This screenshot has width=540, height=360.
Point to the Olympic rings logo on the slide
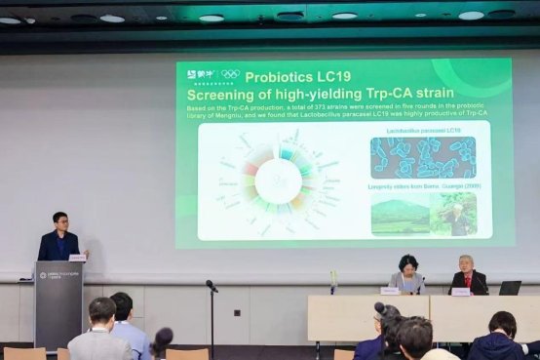pos(230,74)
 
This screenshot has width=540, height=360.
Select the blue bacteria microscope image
pos(422,156)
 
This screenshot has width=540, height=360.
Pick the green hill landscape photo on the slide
pos(400,215)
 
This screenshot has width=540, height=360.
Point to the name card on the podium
pos(77,259)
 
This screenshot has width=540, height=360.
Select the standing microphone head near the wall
pos(211,285)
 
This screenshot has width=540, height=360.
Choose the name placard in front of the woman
pos(390,291)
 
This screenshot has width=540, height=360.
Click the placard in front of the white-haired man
pos(460,291)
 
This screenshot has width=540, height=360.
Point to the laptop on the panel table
pos(509,288)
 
